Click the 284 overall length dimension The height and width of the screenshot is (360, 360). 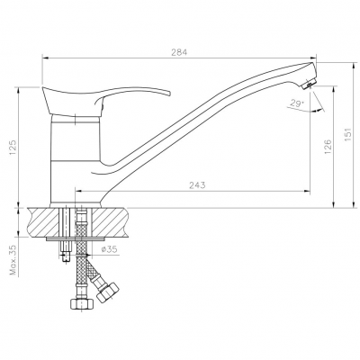click(179, 52)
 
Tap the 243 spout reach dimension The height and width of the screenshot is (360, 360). click(197, 185)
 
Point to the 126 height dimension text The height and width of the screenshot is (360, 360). click(328, 147)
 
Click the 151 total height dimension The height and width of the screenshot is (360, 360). click(347, 135)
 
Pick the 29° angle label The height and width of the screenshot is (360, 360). click(297, 103)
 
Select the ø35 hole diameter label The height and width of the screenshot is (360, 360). click(110, 249)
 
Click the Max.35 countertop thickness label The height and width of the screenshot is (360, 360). click(13, 260)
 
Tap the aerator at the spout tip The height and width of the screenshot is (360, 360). click(309, 84)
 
